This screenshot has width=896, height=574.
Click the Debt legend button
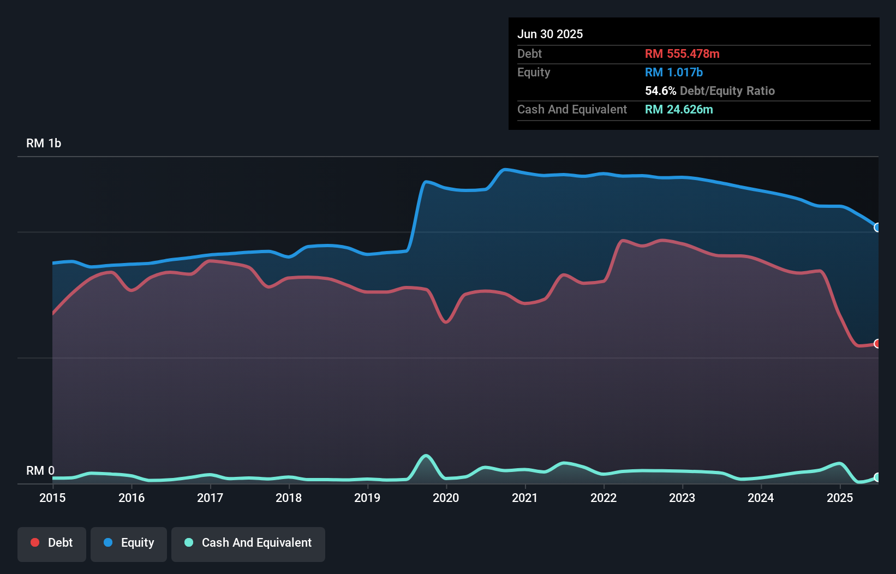click(x=51, y=543)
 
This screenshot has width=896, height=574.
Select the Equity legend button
click(x=129, y=543)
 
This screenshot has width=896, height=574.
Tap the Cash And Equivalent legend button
click(x=248, y=543)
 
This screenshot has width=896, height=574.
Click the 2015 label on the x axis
click(x=52, y=498)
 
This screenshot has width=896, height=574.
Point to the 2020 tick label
click(x=446, y=498)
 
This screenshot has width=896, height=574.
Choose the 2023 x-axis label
click(x=682, y=498)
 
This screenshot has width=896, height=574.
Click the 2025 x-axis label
click(x=840, y=498)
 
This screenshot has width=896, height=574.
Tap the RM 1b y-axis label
click(x=44, y=143)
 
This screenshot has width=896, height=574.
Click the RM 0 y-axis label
click(x=40, y=470)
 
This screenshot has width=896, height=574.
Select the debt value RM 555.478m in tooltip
click(x=682, y=54)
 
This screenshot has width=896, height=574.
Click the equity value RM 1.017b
click(x=674, y=73)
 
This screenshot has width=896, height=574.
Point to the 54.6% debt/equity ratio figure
click(x=660, y=91)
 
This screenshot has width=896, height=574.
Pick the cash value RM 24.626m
click(x=679, y=110)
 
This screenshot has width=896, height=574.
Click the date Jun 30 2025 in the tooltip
click(x=550, y=34)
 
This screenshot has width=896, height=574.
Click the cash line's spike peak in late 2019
click(x=426, y=456)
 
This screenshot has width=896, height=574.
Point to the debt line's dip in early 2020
click(x=446, y=322)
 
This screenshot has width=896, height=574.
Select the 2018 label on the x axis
click(x=289, y=498)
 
